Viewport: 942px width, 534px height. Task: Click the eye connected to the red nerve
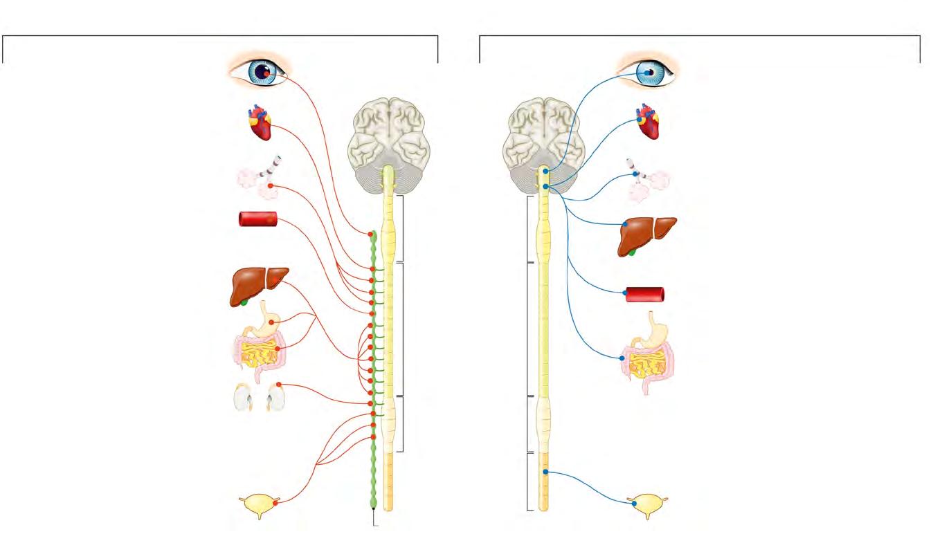(x=261, y=71)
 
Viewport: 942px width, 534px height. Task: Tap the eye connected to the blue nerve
(x=647, y=71)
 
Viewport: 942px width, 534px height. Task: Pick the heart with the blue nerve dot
(x=649, y=122)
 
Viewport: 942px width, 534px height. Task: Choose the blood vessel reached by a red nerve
(x=257, y=220)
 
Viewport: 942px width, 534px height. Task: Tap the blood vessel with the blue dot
(x=645, y=294)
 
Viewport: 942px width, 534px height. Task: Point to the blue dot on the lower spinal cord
(x=545, y=472)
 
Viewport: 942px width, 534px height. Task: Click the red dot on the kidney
(x=279, y=385)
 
